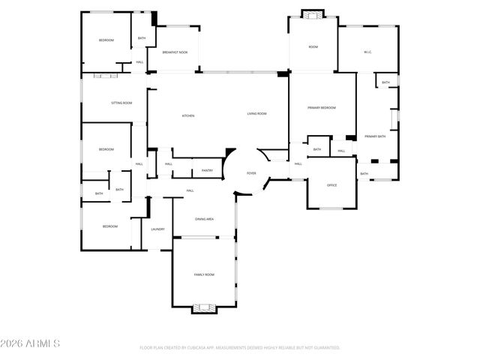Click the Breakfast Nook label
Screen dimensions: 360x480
pyautogui.click(x=175, y=52)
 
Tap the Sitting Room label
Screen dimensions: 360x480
pyautogui.click(x=121, y=102)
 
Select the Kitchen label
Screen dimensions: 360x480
pyautogui.click(x=188, y=115)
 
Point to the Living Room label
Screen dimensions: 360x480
pyautogui.click(x=257, y=114)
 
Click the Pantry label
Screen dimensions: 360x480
pyautogui.click(x=207, y=170)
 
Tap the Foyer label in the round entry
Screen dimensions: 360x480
pyautogui.click(x=252, y=173)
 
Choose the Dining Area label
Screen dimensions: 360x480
pyautogui.click(x=205, y=219)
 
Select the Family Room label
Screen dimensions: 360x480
pyautogui.click(x=205, y=275)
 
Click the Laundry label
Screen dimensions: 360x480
pyautogui.click(x=157, y=229)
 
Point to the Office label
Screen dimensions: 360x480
pyautogui.click(x=331, y=185)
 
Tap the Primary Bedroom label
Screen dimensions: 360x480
pyautogui.click(x=322, y=108)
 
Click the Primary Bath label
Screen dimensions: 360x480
pyautogui.click(x=375, y=136)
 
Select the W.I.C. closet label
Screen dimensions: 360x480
pyautogui.click(x=367, y=52)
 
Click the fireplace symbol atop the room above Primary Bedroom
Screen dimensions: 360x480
pyautogui.click(x=312, y=13)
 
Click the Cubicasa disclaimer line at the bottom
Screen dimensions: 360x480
pyautogui.click(x=240, y=347)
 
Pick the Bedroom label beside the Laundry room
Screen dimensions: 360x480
pyautogui.click(x=110, y=226)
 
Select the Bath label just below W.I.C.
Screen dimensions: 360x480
pyautogui.click(x=385, y=82)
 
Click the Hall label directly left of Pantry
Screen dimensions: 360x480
pyautogui.click(x=169, y=163)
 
